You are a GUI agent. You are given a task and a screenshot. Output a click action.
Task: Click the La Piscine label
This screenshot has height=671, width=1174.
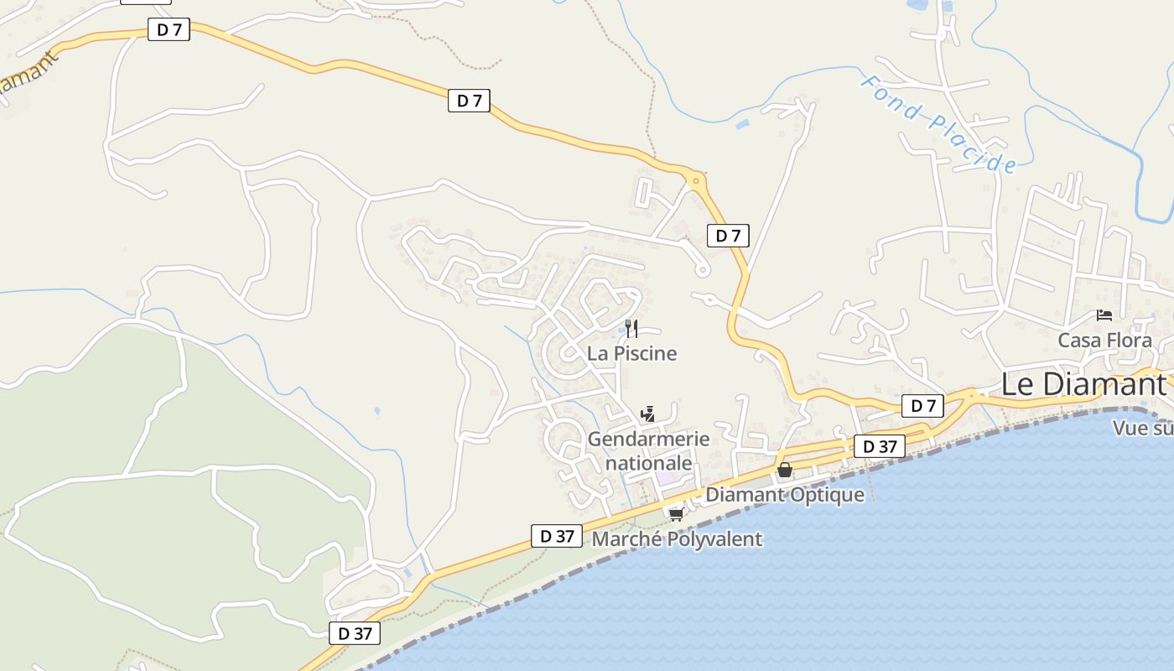(x=631, y=353)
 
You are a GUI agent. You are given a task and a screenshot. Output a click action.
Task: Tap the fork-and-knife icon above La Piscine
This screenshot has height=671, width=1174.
(x=631, y=328)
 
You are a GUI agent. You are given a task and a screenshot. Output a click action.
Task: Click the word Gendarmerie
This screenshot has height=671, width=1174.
(x=648, y=439)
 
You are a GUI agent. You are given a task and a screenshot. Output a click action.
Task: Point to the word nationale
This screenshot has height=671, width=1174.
(x=648, y=462)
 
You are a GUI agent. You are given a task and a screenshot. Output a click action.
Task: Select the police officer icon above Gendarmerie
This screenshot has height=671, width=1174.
(x=647, y=413)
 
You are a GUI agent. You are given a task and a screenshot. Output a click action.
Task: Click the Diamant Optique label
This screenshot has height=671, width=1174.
(x=784, y=494)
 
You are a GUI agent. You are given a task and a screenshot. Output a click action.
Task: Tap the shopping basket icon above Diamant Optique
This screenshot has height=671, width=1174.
(x=784, y=470)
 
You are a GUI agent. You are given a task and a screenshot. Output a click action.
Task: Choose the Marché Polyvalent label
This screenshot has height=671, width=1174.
(x=677, y=538)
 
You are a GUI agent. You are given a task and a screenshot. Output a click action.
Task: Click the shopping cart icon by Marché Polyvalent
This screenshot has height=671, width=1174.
(x=676, y=513)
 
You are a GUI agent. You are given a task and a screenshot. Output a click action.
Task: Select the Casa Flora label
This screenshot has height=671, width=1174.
(x=1104, y=341)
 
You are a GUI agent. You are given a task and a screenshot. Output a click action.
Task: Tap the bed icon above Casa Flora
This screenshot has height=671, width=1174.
(x=1104, y=315)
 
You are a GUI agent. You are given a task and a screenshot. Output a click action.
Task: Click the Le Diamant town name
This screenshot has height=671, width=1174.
(x=1083, y=384)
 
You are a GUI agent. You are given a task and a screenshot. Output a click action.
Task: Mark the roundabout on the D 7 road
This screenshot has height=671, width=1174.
(x=695, y=179)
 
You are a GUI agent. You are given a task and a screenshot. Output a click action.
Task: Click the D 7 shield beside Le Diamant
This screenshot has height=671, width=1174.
(x=922, y=406)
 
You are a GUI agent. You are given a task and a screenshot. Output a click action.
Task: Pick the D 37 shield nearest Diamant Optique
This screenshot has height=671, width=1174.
(x=880, y=446)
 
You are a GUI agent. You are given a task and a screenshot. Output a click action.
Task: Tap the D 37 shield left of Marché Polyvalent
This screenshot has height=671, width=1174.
(x=557, y=535)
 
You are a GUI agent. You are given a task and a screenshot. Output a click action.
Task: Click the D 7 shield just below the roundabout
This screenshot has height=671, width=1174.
(x=728, y=236)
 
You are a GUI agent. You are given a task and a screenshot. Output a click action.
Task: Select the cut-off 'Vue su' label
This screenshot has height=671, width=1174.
(x=1142, y=428)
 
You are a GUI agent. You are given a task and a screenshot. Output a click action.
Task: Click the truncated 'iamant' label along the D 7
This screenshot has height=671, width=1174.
(x=30, y=75)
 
